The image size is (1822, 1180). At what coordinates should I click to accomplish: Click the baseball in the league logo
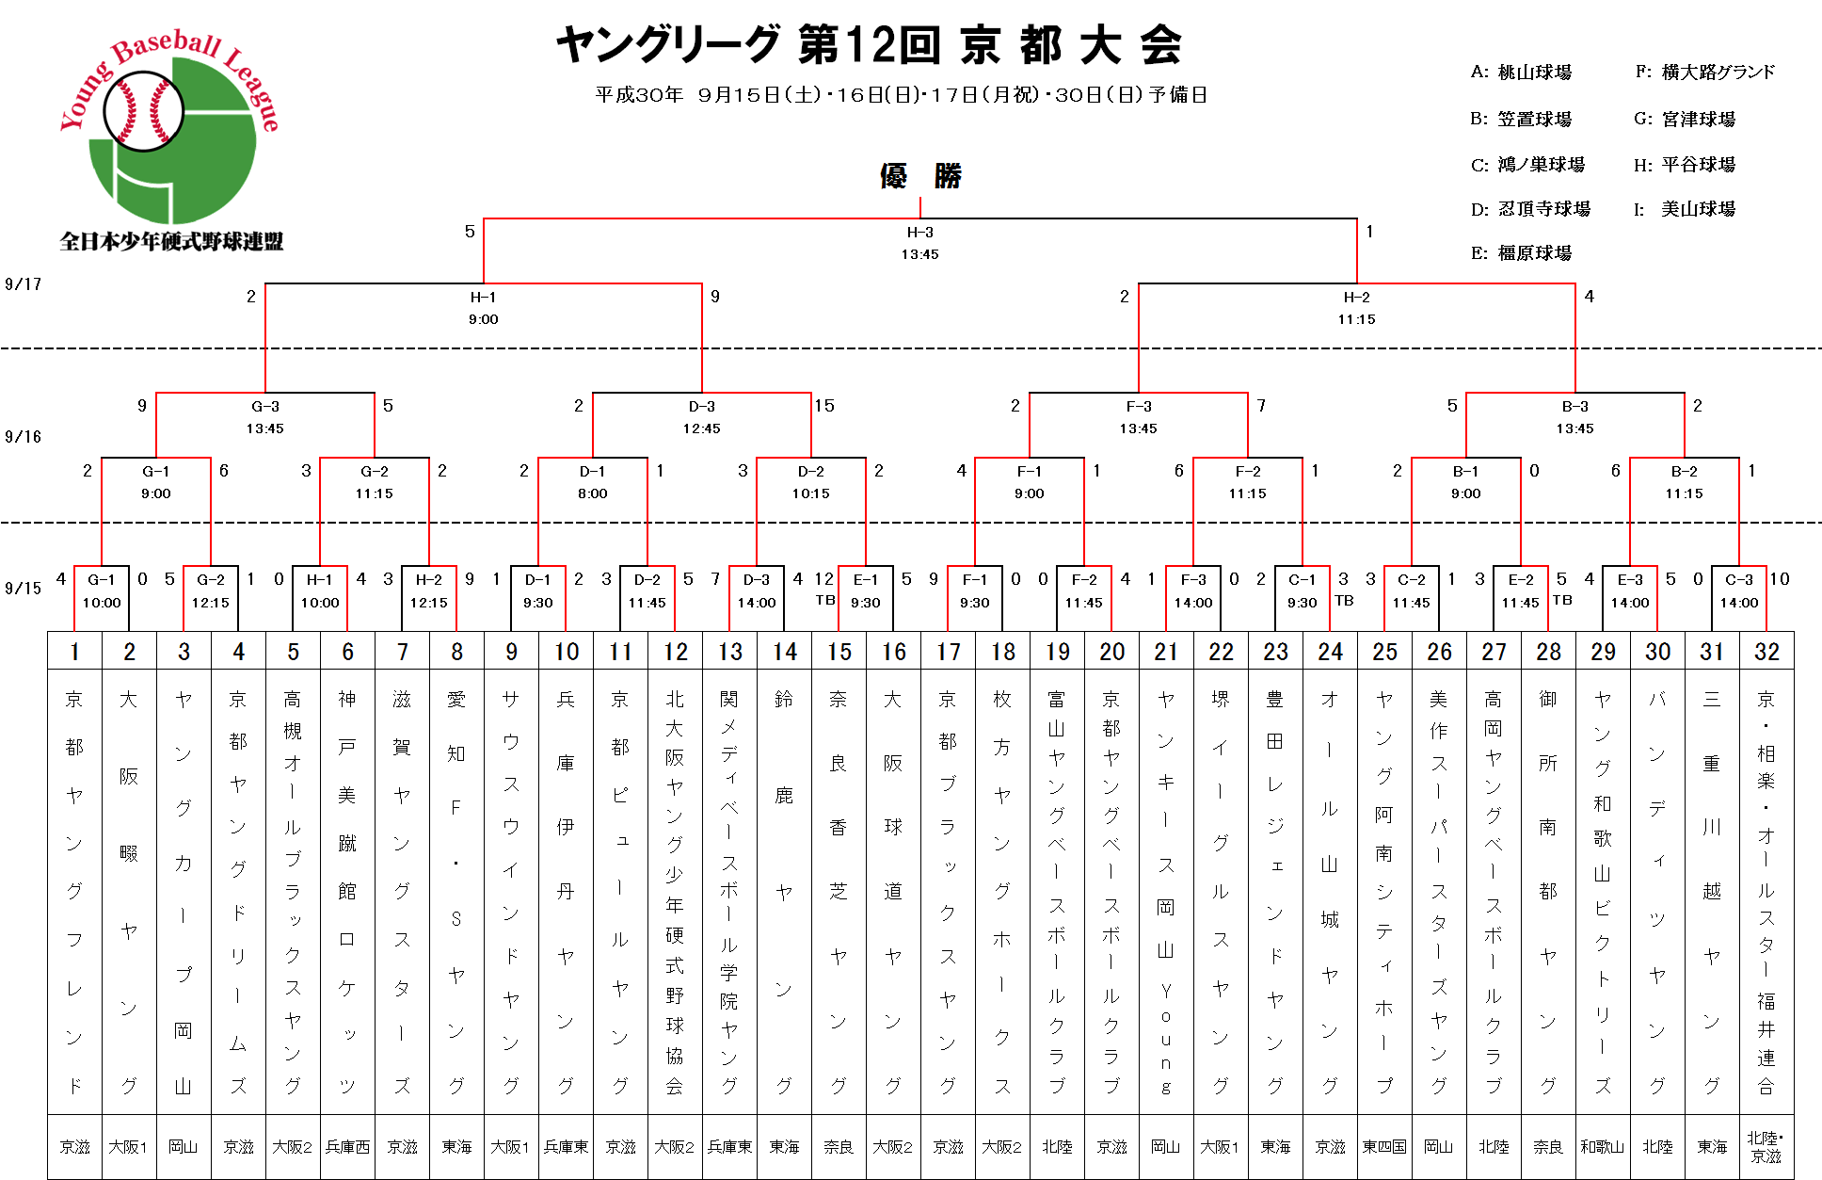tap(143, 111)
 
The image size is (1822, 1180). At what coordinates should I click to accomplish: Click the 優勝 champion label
tap(920, 176)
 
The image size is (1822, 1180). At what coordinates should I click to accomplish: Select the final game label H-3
tap(919, 232)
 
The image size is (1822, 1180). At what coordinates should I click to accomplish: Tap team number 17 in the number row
tap(948, 651)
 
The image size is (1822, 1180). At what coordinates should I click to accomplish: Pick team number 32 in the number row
tap(1766, 651)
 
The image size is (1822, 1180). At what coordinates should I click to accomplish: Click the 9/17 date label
tap(23, 284)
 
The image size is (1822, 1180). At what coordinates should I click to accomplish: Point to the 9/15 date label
tap(23, 589)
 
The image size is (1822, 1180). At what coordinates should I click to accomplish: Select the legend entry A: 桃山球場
tap(1521, 73)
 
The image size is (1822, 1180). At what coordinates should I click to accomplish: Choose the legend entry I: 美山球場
tap(1685, 209)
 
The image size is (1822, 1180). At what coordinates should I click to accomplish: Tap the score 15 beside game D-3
tap(824, 406)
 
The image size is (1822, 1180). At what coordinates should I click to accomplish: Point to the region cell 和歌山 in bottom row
tap(1603, 1147)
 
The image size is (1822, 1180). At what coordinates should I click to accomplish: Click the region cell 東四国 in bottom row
tap(1384, 1147)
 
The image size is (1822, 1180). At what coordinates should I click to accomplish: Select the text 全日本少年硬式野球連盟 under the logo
tap(171, 242)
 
